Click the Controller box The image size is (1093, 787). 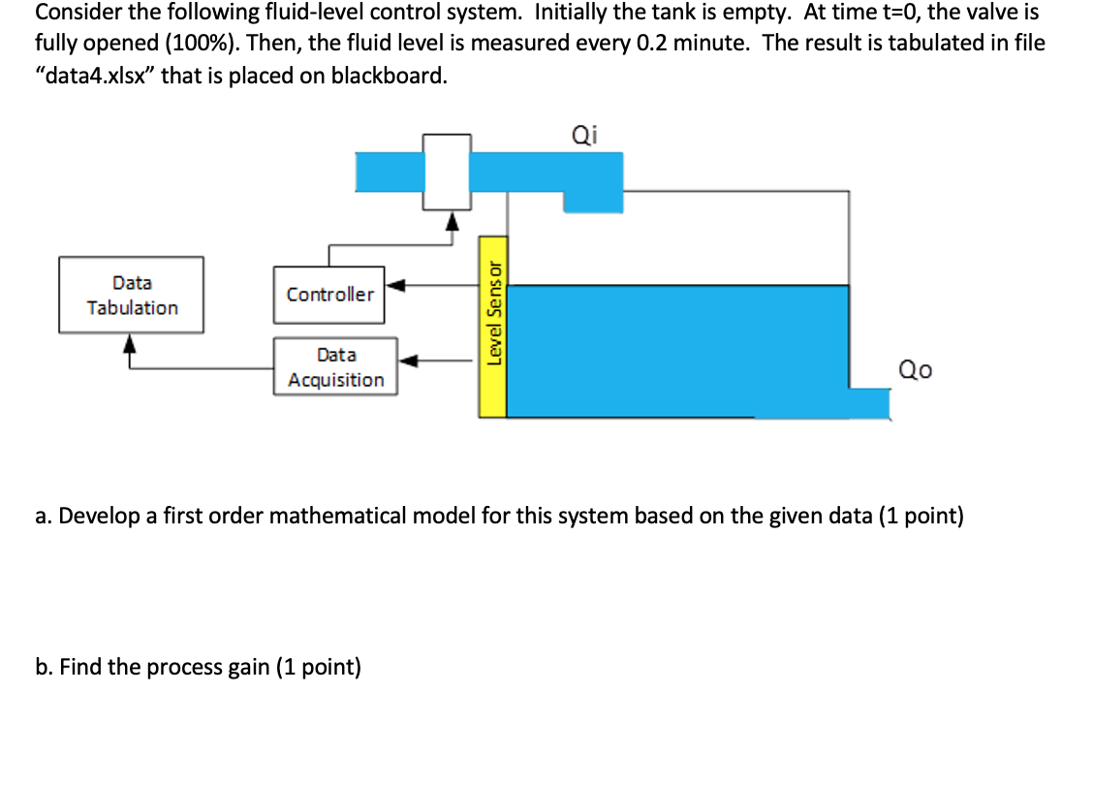click(x=329, y=295)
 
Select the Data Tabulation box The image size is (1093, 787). click(x=132, y=295)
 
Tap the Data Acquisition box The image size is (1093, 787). click(x=335, y=367)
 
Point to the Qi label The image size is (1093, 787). click(x=584, y=136)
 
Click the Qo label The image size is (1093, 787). click(x=915, y=369)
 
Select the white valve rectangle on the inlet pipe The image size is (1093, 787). click(x=448, y=172)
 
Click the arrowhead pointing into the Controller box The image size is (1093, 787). click(x=394, y=285)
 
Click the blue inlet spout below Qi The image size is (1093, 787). click(x=592, y=199)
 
